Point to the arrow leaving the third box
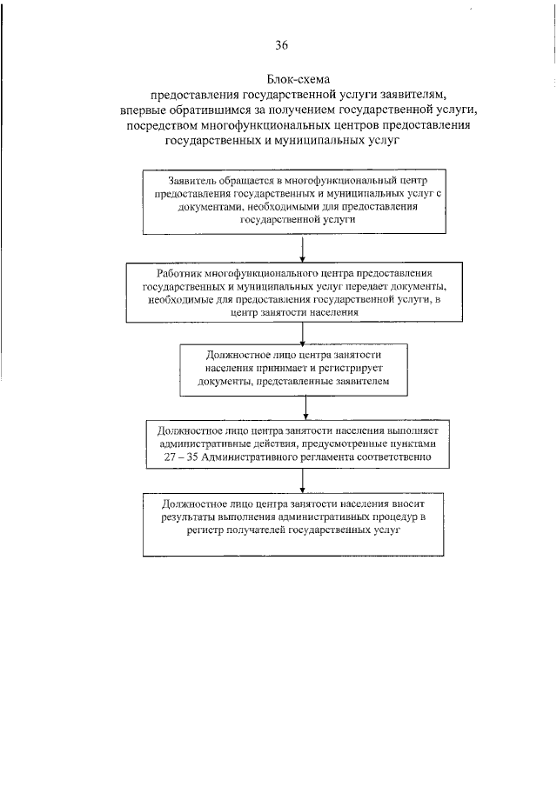(305, 405)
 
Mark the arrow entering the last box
(302, 480)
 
